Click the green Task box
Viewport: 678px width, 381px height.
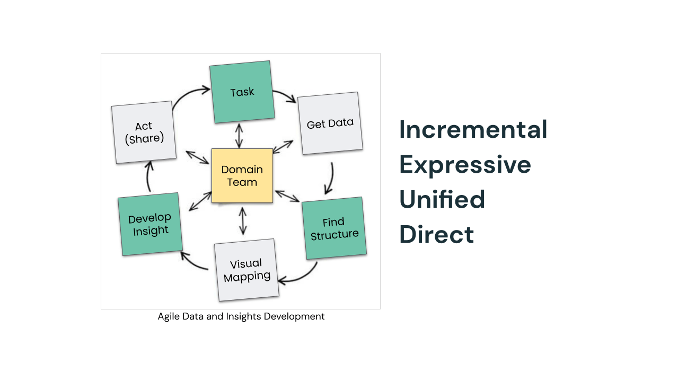242,92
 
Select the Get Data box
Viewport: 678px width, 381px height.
330,123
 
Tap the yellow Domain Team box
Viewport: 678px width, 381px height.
242,175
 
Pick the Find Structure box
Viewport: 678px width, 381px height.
334,228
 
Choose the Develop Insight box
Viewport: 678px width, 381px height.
150,224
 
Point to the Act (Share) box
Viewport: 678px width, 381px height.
144,132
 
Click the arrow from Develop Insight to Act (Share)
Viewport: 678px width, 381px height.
149,176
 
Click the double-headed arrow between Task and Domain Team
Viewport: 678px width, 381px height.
239,136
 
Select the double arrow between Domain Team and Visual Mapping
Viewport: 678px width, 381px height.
243,221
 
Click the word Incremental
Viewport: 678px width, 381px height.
473,130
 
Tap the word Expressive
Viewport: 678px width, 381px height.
465,165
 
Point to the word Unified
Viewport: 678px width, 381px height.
442,199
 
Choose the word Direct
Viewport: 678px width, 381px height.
436,234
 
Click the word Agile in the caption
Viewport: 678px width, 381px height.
169,317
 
